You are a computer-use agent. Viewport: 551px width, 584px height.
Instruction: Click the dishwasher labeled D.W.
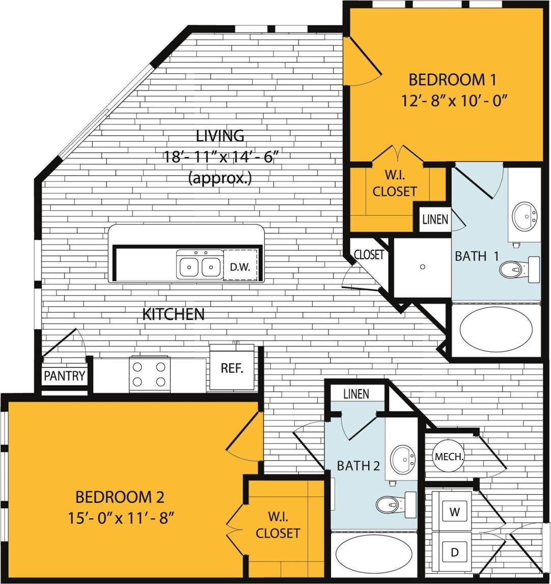(240, 266)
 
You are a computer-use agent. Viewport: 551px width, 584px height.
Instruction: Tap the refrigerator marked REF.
(232, 368)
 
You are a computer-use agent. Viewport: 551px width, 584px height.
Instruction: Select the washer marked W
(455, 512)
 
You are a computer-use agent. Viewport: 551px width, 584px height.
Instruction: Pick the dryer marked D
(455, 551)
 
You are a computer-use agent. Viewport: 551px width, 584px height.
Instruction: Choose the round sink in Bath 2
(402, 459)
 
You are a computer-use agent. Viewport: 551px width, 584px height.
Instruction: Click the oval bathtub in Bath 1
(496, 329)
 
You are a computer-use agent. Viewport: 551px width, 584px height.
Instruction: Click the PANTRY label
(64, 376)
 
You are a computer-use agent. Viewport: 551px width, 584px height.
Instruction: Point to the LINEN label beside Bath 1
(435, 219)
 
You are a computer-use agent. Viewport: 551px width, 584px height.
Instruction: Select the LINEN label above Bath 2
(356, 393)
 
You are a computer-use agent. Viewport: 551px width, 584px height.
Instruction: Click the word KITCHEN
(173, 314)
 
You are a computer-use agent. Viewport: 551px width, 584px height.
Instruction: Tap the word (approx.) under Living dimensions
(220, 178)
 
